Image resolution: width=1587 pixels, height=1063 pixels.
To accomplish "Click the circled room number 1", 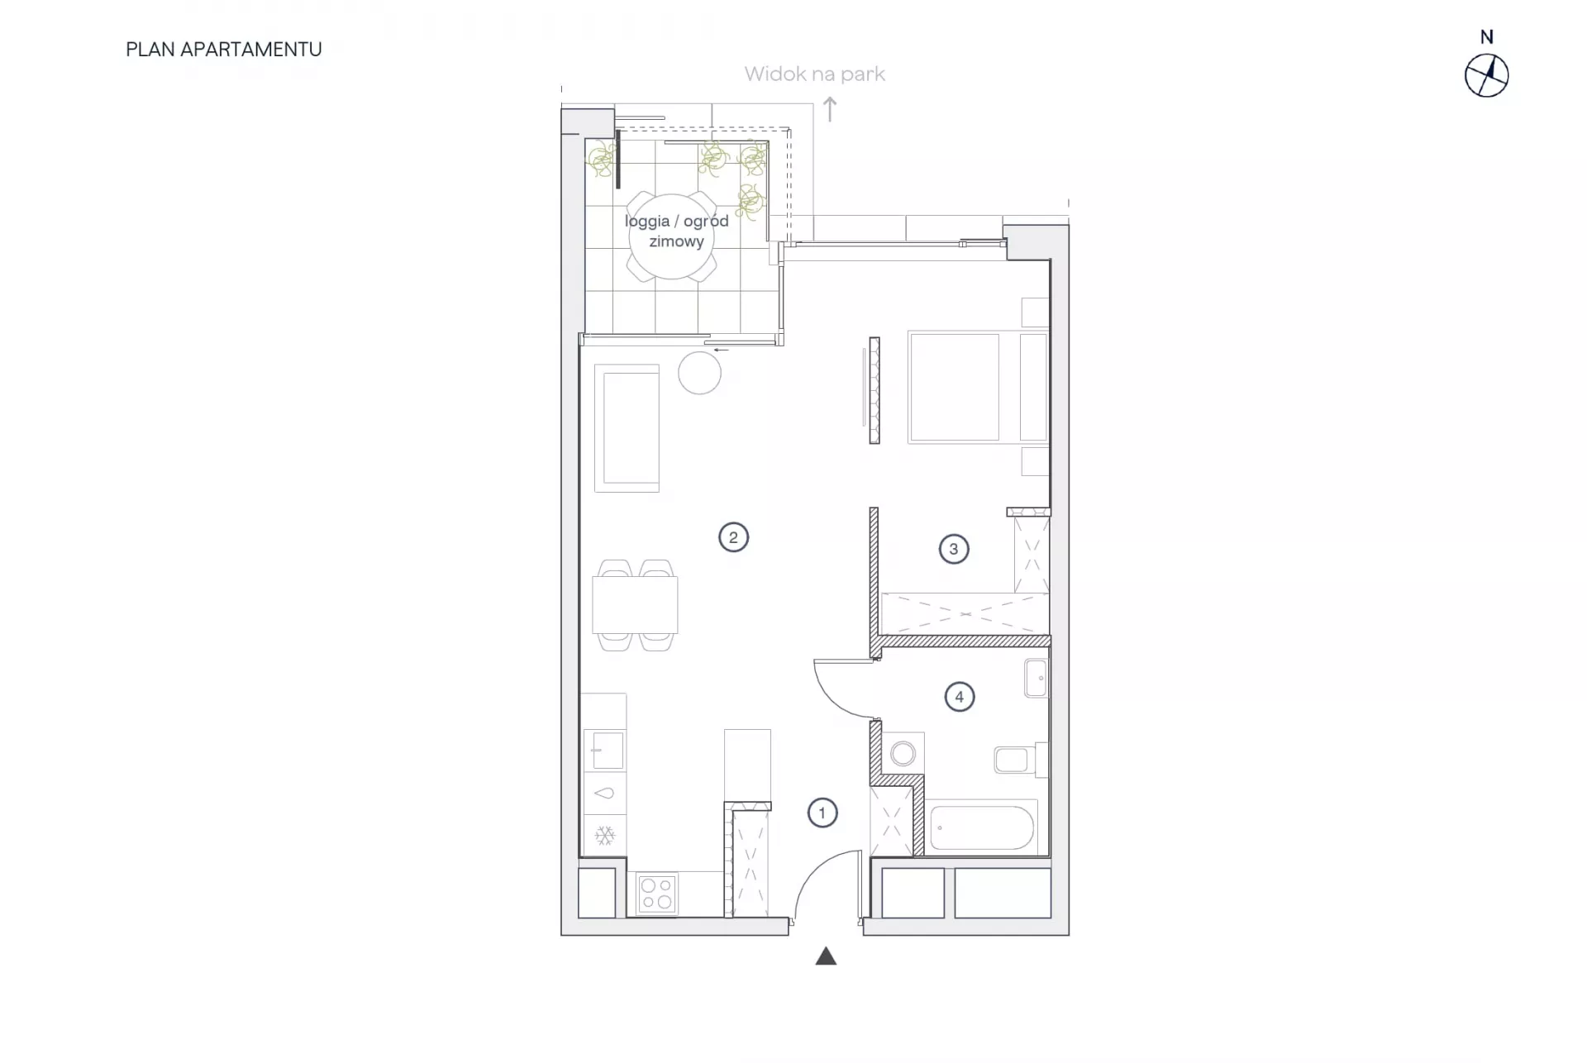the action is coord(822,813).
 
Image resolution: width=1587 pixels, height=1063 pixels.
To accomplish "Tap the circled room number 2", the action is coord(733,537).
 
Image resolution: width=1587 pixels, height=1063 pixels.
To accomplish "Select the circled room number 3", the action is coord(954,549).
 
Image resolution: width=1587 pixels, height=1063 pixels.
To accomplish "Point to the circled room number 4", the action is coord(959,697).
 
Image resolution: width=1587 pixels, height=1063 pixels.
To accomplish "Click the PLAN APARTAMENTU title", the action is coord(224,50).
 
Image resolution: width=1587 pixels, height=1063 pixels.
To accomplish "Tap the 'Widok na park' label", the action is coord(814,74).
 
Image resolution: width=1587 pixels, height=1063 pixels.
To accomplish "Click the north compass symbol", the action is coord(1486,76).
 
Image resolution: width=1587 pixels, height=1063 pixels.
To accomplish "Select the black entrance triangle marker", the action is coord(826,956).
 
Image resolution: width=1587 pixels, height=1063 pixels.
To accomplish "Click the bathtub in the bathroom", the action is coord(981,827).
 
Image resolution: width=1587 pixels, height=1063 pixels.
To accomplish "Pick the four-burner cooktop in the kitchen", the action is coord(657,894).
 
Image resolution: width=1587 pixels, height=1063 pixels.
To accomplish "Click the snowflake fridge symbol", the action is coord(605,836).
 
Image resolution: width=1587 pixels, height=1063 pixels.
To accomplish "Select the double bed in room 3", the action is coord(978,387).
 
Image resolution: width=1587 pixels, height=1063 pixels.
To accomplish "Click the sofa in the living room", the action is coord(627,428).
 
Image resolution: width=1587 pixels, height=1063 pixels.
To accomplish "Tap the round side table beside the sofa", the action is coord(699,373).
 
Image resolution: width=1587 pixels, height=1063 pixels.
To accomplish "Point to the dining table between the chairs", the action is coord(635,605).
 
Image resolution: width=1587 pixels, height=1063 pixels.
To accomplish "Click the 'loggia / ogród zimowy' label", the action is coord(676,231).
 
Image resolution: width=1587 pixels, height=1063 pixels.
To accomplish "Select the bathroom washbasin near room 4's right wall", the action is coord(1037,679).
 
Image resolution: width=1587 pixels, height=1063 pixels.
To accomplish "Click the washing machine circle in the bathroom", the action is coord(903,753).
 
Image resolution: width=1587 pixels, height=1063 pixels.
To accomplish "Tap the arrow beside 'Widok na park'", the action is coord(830,109).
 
